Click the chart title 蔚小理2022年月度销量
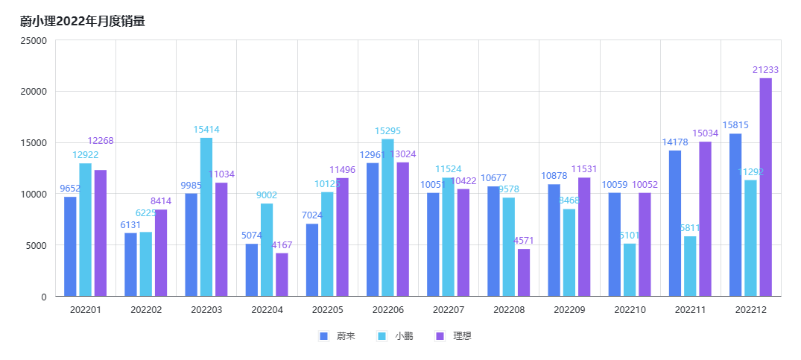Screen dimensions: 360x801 (x=83, y=22)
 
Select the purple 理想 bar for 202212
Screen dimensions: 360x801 (x=765, y=187)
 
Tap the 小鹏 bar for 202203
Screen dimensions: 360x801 (x=206, y=217)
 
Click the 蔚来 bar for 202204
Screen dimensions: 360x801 (x=252, y=270)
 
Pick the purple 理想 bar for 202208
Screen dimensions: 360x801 (x=524, y=272)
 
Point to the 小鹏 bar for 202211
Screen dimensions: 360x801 (x=690, y=266)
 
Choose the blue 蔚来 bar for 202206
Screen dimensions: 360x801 (x=373, y=230)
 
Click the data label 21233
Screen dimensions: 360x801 (x=765, y=70)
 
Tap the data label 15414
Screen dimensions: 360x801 (x=206, y=130)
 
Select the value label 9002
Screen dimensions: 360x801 (x=267, y=195)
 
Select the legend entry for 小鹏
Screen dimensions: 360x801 (x=396, y=336)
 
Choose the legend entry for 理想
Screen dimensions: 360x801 (x=454, y=336)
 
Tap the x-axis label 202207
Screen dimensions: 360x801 (x=449, y=309)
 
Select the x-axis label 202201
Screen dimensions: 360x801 (x=86, y=309)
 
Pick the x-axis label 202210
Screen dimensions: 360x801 (x=630, y=309)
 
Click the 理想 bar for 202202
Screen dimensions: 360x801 (x=161, y=253)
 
